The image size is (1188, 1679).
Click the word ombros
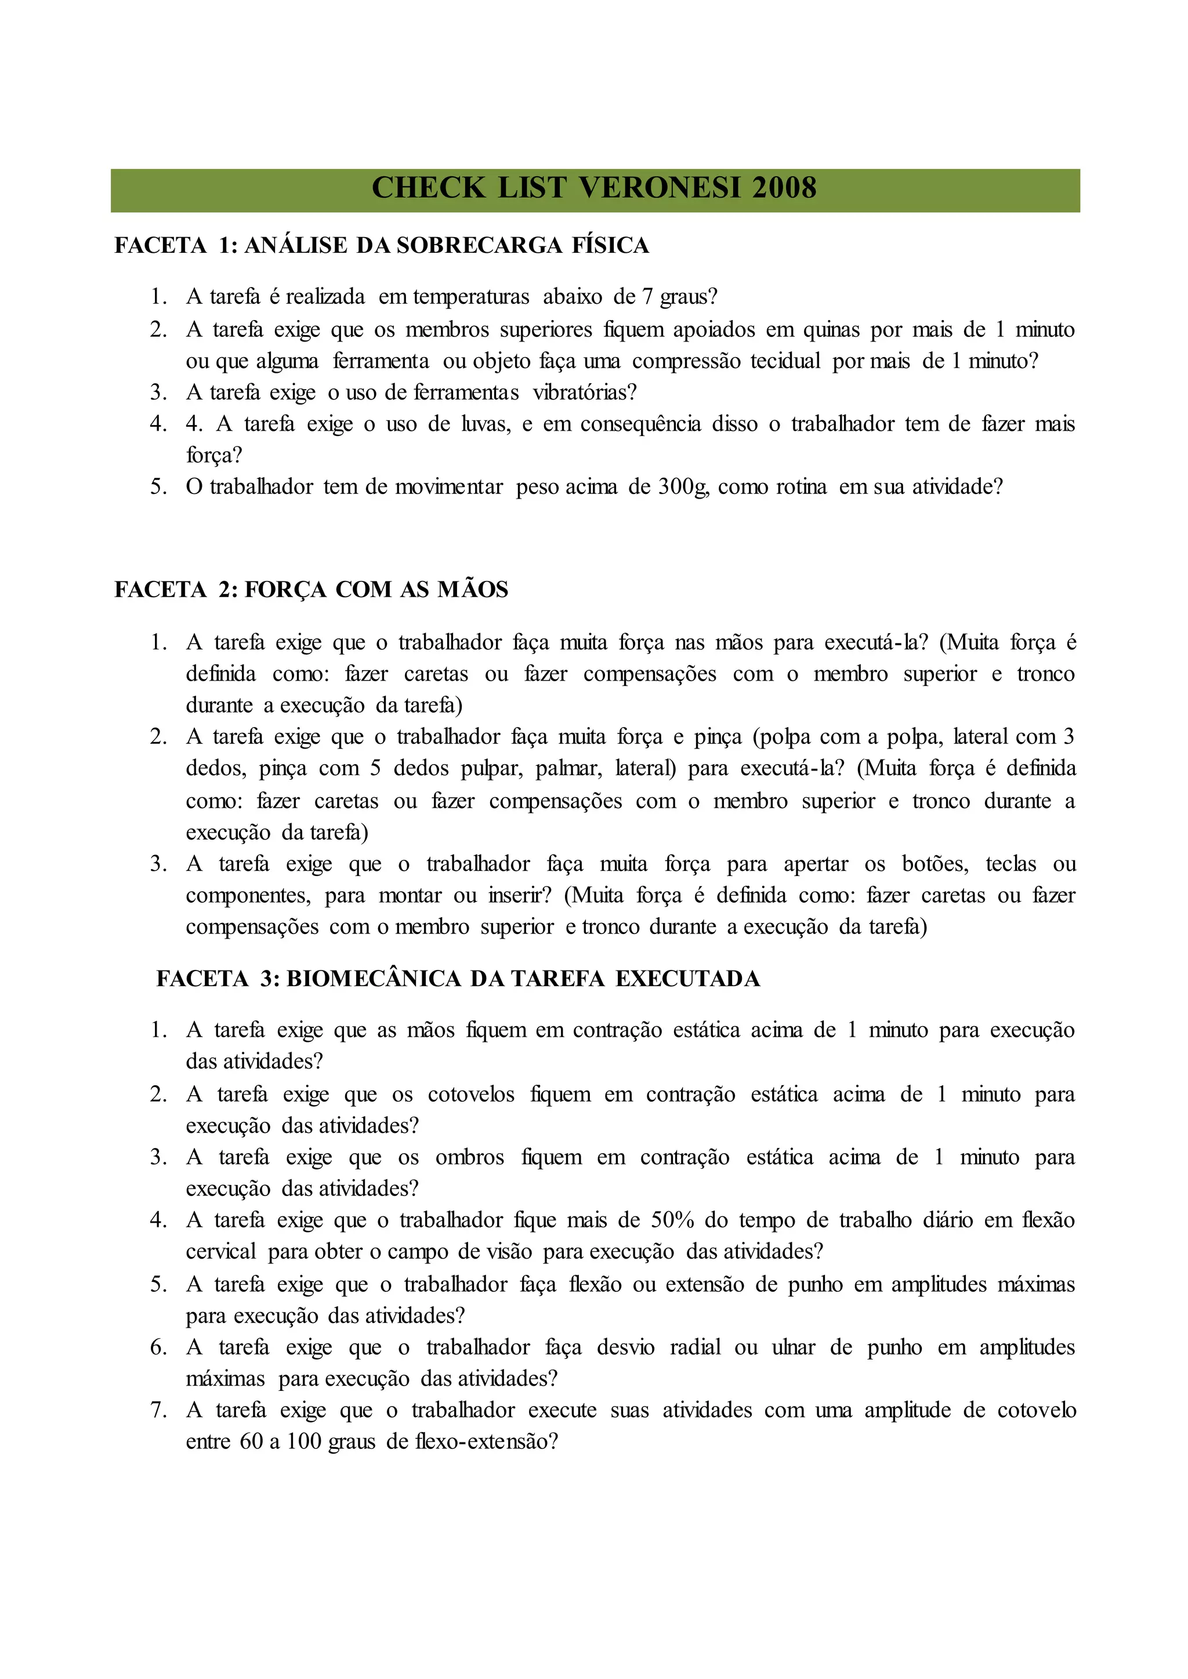coord(470,1158)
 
